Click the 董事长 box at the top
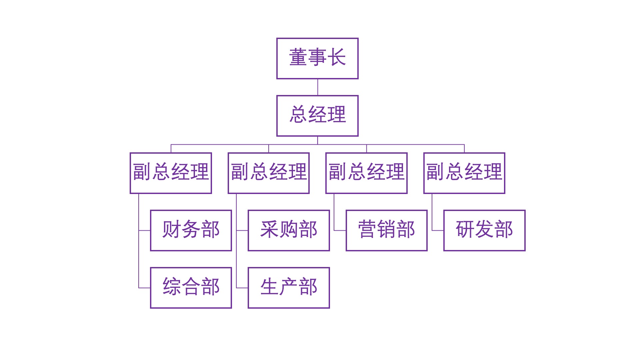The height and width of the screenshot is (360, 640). pos(317,58)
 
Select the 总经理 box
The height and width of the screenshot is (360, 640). pos(317,116)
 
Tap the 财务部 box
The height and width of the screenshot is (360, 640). pos(191,230)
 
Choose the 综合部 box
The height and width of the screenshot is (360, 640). pos(191,288)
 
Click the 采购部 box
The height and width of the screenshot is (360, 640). pos(289,230)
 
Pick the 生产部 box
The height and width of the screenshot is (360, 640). pos(289,288)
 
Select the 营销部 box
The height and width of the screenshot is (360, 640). pos(386,230)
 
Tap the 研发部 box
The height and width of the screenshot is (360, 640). pos(484,230)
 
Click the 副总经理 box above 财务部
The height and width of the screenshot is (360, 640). pos(171,173)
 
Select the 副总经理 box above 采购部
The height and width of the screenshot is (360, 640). pos(269,173)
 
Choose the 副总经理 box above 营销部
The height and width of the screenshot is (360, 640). pos(366,173)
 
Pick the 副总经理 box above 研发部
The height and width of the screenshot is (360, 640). pos(464,173)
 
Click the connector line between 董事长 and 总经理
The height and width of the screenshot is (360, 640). pos(317,87)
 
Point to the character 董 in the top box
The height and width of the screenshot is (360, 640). pos(298,57)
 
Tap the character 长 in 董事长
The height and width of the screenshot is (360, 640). pos(337,57)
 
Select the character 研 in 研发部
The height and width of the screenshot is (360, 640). pos(465,229)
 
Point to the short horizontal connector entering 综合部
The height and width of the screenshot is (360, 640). pos(144,288)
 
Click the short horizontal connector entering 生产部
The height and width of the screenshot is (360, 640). pos(242,288)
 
